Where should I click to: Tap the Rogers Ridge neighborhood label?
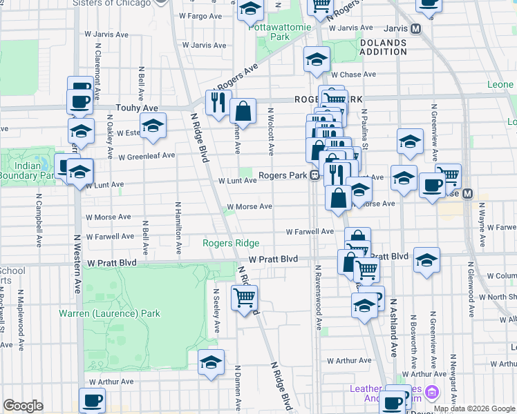231,243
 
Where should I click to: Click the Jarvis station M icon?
416,29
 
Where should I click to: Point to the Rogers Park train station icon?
314,175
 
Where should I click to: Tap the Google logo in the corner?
22,406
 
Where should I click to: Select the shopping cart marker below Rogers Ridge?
245,298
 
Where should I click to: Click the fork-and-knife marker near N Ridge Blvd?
218,102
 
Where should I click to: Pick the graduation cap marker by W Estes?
153,126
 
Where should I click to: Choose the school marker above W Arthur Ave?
211,362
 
